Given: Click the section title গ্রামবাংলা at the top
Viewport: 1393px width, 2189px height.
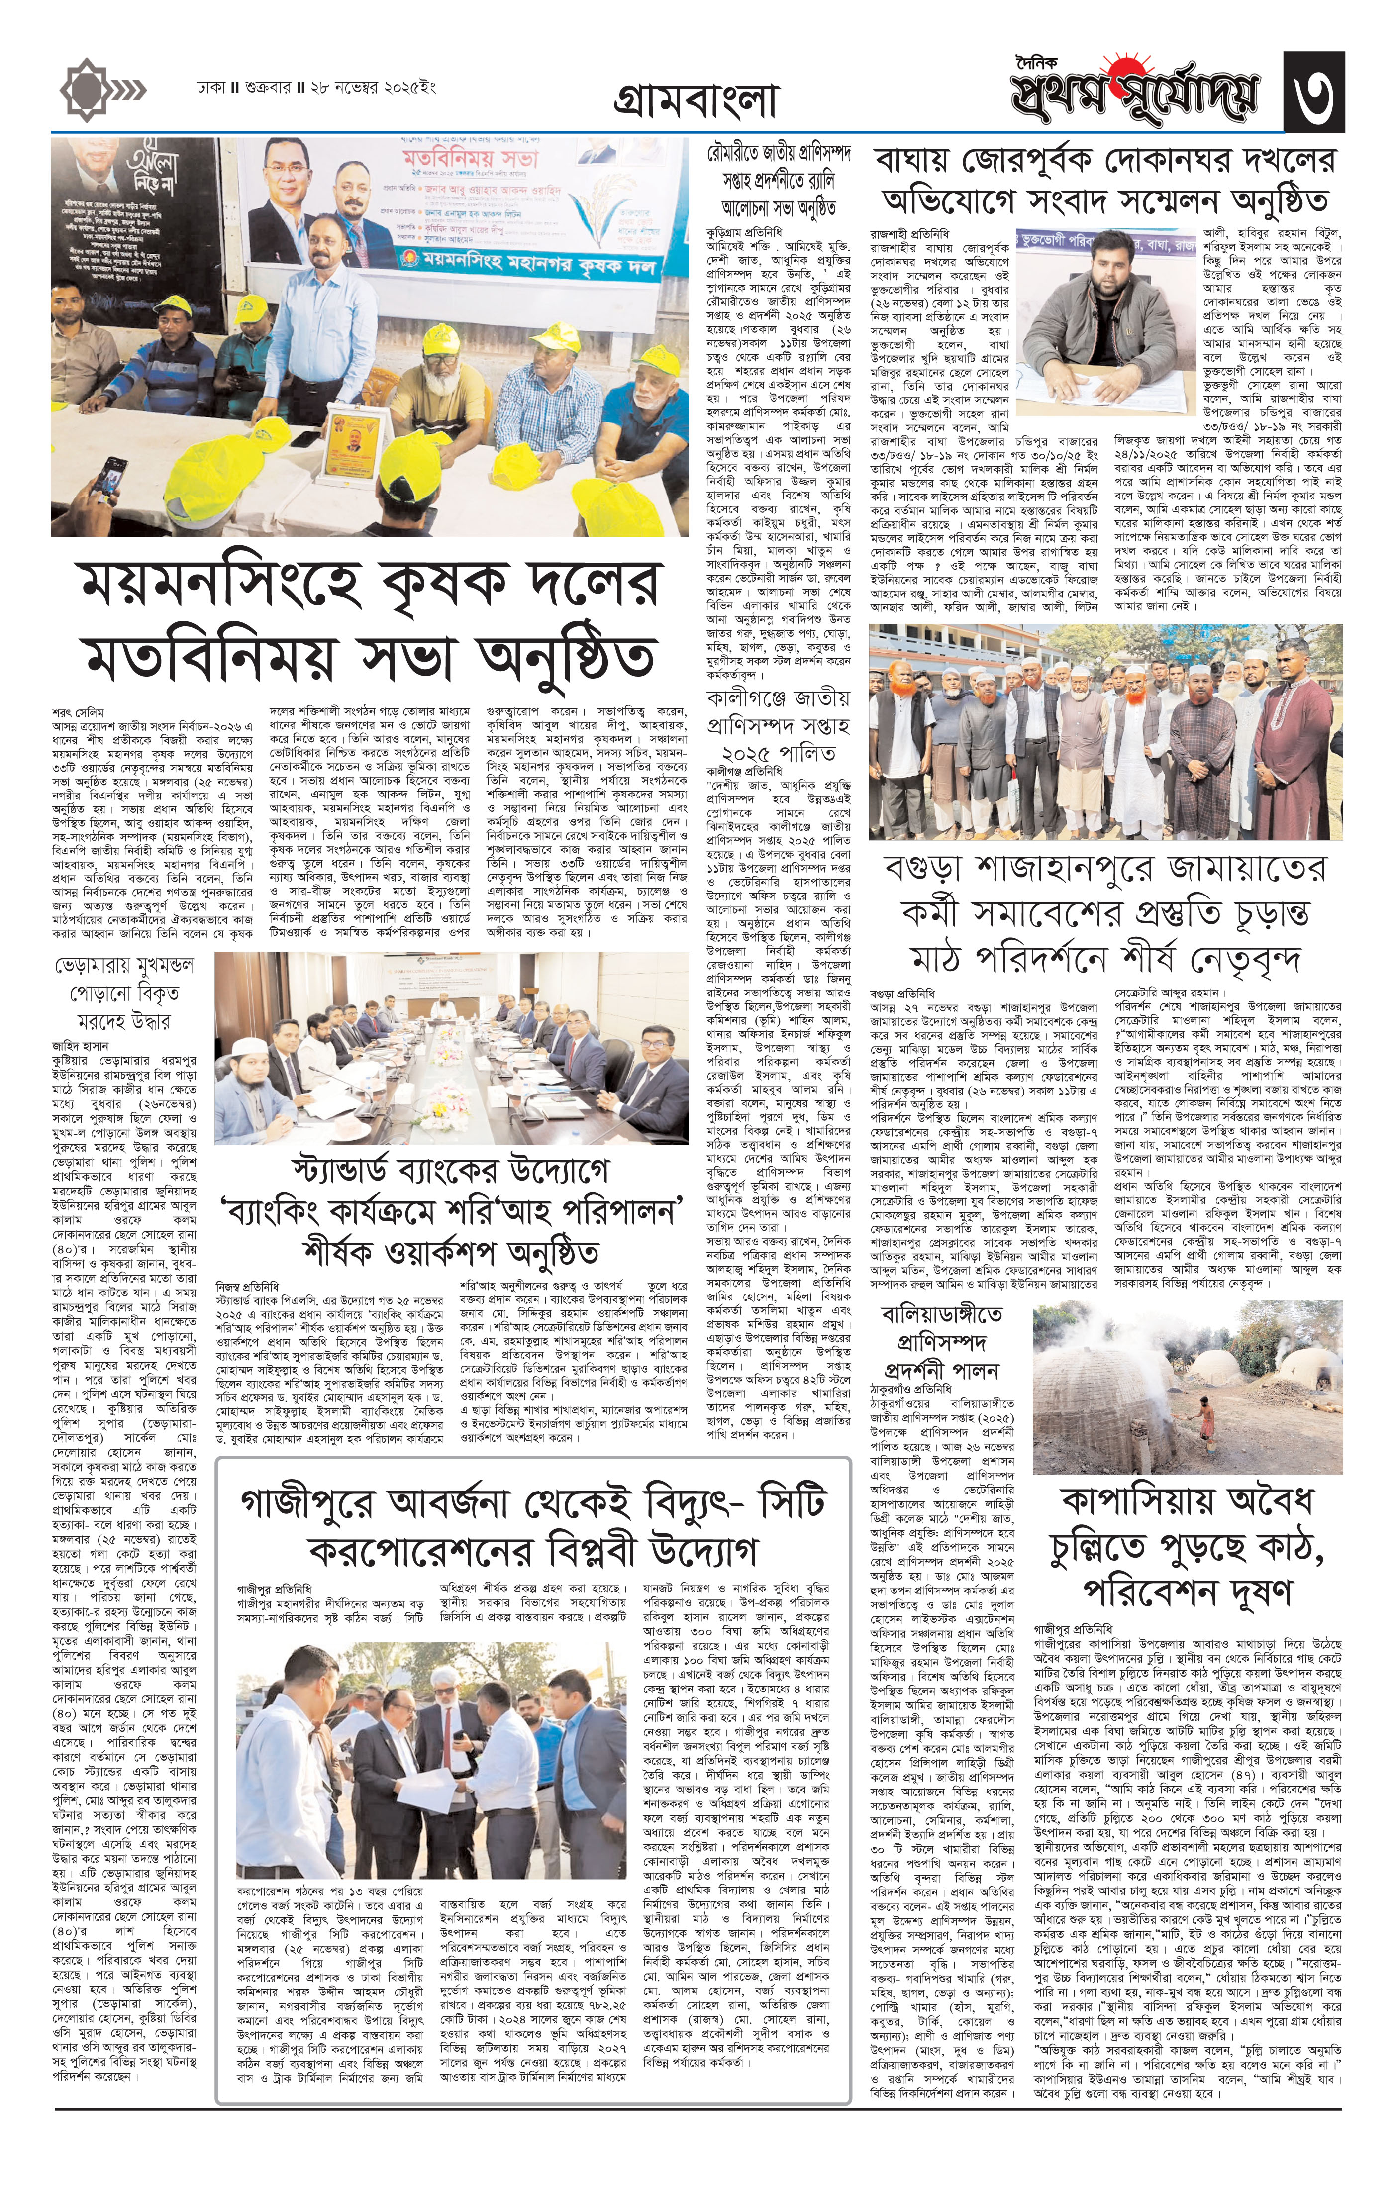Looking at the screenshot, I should point(696,102).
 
